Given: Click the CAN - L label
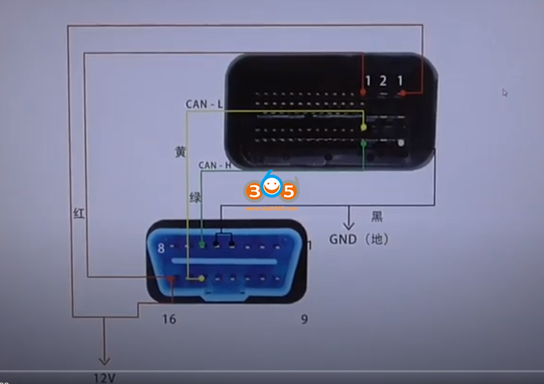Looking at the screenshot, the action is tap(204, 105).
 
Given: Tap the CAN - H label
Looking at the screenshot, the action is tap(214, 165).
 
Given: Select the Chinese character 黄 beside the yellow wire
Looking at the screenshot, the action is tap(180, 152).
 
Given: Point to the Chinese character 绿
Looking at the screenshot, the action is tap(195, 198).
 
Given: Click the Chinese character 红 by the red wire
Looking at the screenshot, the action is tap(79, 213).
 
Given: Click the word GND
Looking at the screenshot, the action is tap(343, 239).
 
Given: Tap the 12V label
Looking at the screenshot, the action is tap(105, 377).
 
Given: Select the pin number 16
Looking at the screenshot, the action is tap(170, 319).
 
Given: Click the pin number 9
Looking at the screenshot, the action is tap(304, 319).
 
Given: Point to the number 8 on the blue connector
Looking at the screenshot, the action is tap(161, 249).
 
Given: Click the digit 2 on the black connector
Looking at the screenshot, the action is tap(383, 81).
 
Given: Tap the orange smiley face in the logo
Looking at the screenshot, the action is tap(271, 185).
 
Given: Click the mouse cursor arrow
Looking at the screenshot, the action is tap(505, 92).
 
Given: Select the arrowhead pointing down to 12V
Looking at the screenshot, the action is tap(104, 359).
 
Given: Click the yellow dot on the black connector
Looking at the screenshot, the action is tap(363, 128).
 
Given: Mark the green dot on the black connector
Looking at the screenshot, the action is tap(363, 143).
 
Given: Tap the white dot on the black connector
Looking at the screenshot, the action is tap(401, 143).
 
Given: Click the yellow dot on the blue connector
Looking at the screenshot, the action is tap(201, 279).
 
